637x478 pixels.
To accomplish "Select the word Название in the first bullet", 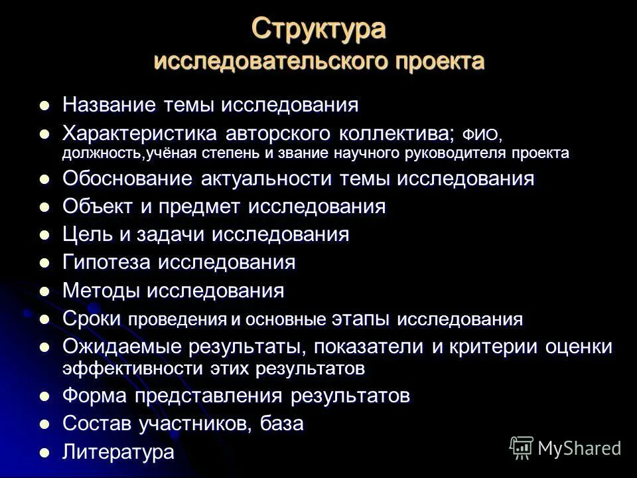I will tap(100, 105).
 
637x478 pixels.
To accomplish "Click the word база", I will tap(282, 424).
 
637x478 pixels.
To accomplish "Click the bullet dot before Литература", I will tap(45, 452).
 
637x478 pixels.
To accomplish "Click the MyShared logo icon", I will tap(522, 447).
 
